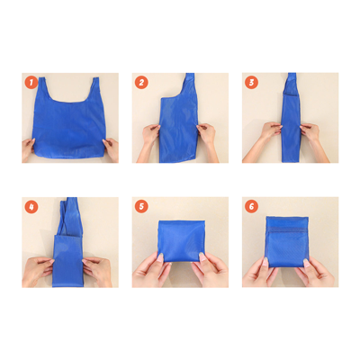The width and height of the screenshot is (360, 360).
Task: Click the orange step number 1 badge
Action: (x=31, y=83)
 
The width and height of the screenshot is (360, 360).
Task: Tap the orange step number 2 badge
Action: (x=142, y=83)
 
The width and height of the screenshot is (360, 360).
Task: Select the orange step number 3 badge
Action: (x=252, y=83)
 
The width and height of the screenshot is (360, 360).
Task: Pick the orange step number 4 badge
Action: (x=31, y=207)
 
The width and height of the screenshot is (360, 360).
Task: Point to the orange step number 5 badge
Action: (x=142, y=207)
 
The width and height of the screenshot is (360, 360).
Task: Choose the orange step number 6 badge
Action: (x=252, y=207)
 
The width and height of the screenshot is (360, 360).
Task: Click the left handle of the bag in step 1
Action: (x=42, y=90)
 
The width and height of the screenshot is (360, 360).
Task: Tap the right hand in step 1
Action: (x=110, y=148)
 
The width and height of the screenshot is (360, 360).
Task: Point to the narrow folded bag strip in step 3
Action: (x=291, y=117)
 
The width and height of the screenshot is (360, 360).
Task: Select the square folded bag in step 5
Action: (x=180, y=241)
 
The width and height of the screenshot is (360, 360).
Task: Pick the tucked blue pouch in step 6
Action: (x=290, y=241)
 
